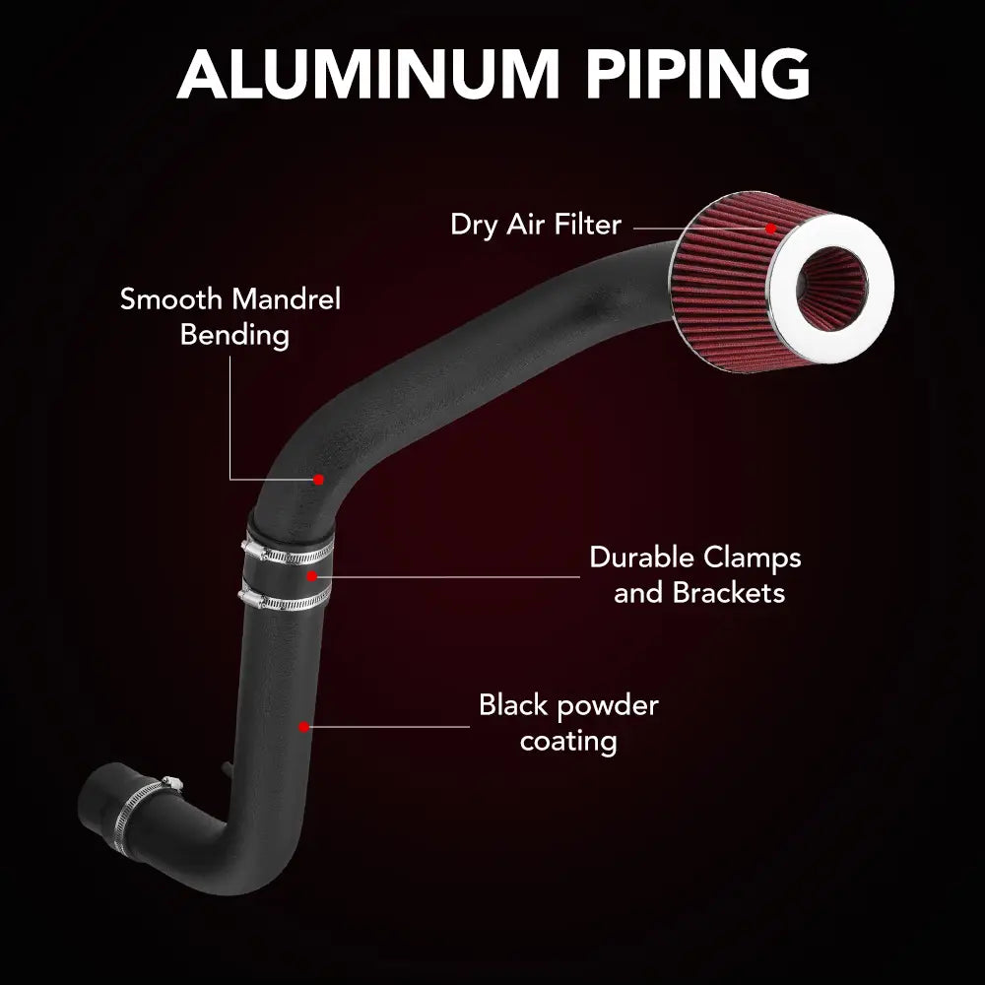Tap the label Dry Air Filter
536,225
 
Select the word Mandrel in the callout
283,299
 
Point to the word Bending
234,336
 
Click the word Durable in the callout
642,558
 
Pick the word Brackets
729,592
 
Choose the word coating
568,742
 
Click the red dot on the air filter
771,229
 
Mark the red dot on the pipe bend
318,480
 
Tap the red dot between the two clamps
311,576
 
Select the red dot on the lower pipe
304,727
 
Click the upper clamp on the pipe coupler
288,553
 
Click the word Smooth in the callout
167,299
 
